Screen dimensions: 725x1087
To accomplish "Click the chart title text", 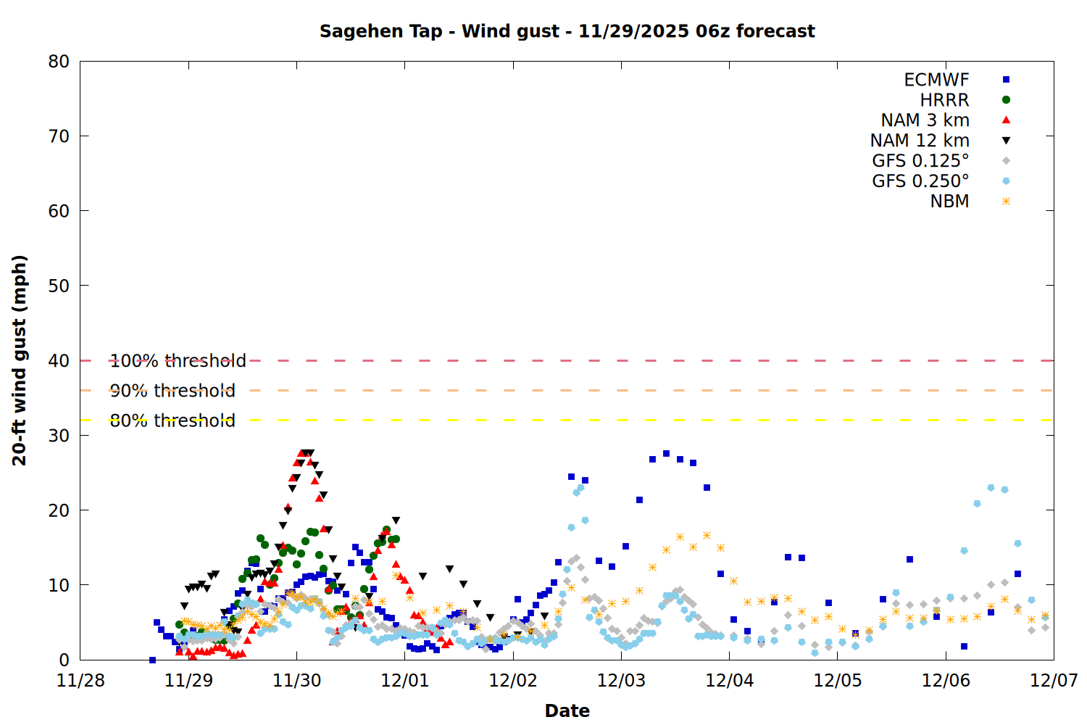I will (x=567, y=31).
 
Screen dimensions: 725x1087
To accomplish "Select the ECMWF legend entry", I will (x=936, y=80).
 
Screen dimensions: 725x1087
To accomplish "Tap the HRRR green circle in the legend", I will (x=1006, y=100).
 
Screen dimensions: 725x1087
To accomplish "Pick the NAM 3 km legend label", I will (x=925, y=120).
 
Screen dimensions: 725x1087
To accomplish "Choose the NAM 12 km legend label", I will (x=920, y=141).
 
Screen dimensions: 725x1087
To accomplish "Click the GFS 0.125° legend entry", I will (x=920, y=161).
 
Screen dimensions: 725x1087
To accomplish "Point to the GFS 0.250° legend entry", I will (x=920, y=181).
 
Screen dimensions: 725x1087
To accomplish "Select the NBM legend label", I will (x=949, y=202).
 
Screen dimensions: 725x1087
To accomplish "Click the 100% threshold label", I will (x=178, y=360).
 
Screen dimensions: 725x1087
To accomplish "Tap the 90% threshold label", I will (x=172, y=391).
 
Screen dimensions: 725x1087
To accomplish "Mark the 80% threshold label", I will (x=172, y=420).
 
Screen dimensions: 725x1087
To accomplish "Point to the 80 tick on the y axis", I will (x=59, y=62).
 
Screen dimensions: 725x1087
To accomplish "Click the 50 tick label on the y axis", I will (x=59, y=286).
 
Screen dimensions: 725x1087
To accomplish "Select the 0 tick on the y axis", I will (x=64, y=660).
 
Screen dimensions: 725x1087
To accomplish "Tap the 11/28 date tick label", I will (x=80, y=681).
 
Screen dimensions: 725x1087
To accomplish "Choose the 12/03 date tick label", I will (x=621, y=681).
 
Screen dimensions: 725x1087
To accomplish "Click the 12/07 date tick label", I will (x=1054, y=681).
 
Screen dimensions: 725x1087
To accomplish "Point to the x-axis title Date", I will (x=567, y=710).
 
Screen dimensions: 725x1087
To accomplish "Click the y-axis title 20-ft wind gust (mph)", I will (x=20, y=360).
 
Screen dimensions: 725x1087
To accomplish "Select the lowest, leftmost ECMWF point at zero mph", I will (x=152, y=660).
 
